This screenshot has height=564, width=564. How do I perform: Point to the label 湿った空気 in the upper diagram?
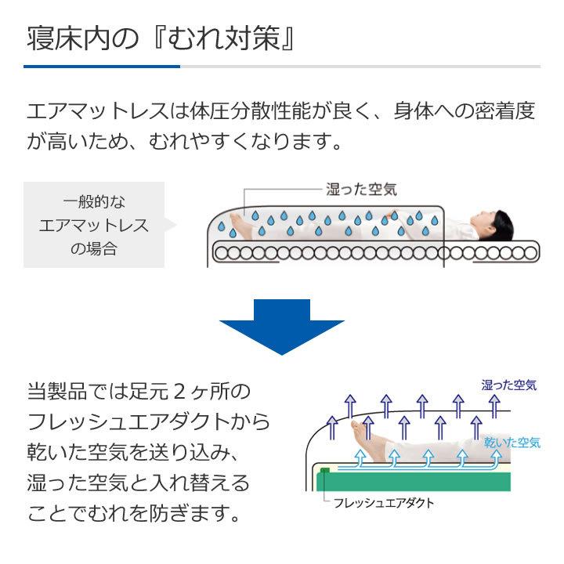(361, 189)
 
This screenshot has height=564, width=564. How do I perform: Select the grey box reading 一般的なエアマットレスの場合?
(94, 225)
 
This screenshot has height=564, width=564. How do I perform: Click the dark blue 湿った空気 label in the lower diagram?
(508, 385)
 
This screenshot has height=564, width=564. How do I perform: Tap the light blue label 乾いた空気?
(512, 443)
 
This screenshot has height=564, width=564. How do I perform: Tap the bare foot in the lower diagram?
(361, 428)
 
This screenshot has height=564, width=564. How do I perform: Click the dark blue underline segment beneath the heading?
(102, 67)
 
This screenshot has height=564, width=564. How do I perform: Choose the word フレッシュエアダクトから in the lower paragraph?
(149, 421)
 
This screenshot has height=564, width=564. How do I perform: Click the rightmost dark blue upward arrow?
(494, 404)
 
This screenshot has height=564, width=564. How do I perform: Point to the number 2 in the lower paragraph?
(177, 390)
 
